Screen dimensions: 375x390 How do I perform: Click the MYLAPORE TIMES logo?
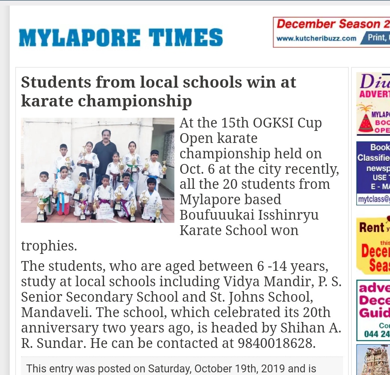[121, 38]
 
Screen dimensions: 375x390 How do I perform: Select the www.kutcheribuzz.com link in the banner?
[316, 38]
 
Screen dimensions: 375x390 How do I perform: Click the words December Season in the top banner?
[328, 24]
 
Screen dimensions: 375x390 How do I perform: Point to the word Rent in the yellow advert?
[372, 227]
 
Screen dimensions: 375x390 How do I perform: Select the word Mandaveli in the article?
[52, 312]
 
